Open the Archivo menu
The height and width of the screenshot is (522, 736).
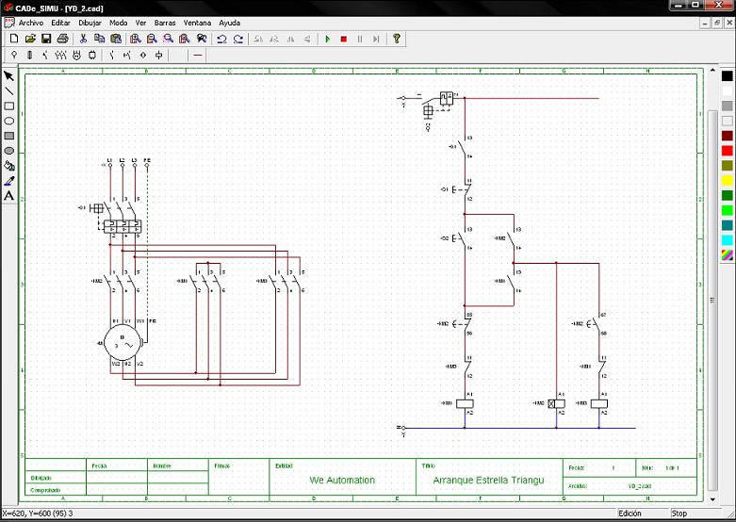point(31,22)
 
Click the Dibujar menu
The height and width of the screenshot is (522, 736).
point(90,22)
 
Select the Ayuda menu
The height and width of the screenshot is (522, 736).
point(229,22)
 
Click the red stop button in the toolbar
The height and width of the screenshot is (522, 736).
point(344,39)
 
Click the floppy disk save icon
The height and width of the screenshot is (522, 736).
point(46,39)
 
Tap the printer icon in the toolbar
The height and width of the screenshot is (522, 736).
point(62,39)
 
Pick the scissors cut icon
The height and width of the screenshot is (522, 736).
point(83,39)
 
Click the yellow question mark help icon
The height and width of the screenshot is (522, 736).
point(397,39)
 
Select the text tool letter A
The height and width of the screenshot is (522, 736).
point(9,196)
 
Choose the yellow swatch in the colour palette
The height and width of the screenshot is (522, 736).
point(727,181)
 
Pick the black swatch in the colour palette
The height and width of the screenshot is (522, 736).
point(727,76)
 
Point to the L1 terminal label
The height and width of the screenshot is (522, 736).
point(109,160)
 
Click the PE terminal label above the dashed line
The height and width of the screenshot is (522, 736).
point(148,160)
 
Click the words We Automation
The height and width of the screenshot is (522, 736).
point(342,481)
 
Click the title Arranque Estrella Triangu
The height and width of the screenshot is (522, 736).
point(488,481)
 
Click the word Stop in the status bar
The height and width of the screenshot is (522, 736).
point(679,514)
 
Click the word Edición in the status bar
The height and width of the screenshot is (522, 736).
point(630,514)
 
